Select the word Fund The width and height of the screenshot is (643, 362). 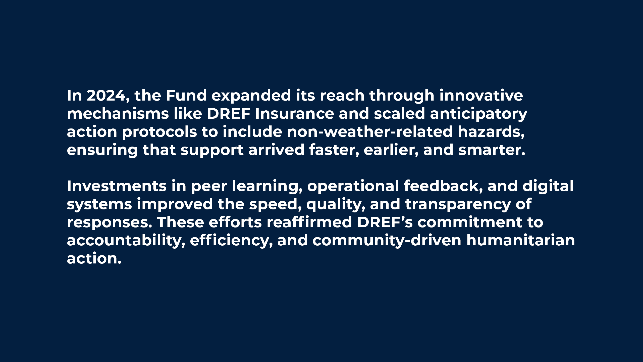coord(186,96)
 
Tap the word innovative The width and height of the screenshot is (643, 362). coord(481,96)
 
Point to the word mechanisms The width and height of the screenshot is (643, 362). coord(118,114)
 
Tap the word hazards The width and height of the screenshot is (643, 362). coord(491,132)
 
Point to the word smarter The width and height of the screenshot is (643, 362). coord(492,150)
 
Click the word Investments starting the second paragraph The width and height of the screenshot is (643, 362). coord(117,186)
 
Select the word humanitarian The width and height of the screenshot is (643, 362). coord(521,240)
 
